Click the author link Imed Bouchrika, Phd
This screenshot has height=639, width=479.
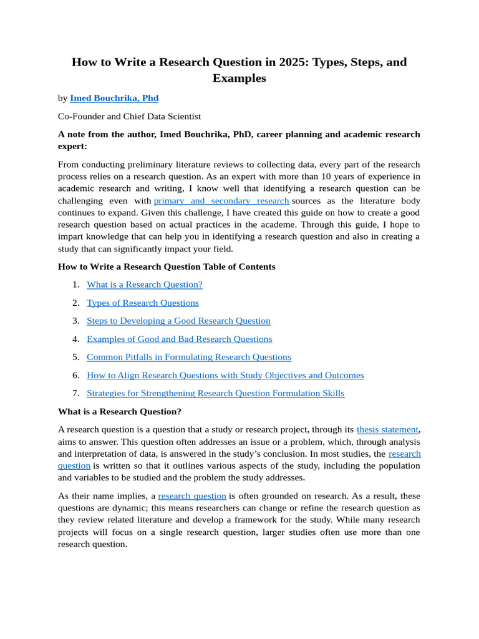pos(114,98)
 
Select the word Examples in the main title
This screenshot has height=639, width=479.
pos(239,79)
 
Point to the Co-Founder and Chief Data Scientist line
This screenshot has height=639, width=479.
pos(129,116)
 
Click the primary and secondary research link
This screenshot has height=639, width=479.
pos(221,201)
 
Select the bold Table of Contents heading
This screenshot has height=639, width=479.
pos(167,266)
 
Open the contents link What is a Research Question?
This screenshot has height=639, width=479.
pos(145,285)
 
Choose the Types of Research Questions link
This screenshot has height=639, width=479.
pos(143,303)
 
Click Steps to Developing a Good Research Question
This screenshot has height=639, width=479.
pos(178,321)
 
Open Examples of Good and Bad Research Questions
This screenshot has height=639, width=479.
pos(180,339)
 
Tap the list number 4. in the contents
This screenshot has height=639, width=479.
pos(75,339)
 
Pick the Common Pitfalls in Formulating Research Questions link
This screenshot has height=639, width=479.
pos(189,357)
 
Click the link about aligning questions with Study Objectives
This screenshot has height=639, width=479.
pos(225,375)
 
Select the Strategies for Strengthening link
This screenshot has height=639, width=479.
pos(215,393)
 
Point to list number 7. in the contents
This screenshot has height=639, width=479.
pos(75,393)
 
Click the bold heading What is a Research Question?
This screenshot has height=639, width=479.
pos(120,411)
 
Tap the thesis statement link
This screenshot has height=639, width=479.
pos(387,429)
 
